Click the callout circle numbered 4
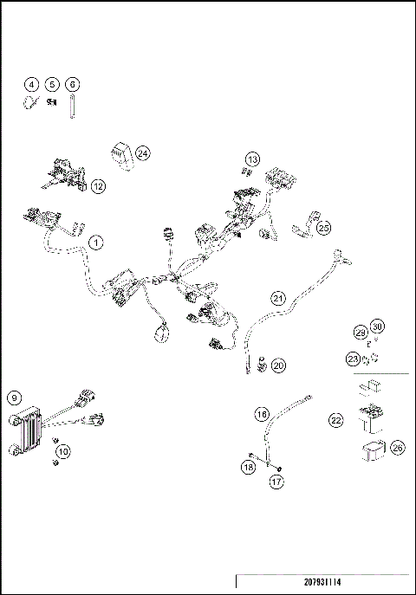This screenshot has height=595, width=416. [x=31, y=84]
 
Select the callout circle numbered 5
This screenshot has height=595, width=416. [x=52, y=84]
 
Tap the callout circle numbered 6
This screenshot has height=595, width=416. [x=73, y=84]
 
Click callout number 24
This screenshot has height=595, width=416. [x=142, y=153]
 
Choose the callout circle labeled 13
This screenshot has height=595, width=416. [x=252, y=159]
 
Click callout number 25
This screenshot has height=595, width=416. [x=323, y=228]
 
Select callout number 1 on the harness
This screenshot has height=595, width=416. [x=95, y=243]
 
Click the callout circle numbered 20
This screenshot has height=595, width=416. [x=277, y=365]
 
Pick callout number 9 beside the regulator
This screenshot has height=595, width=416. [x=14, y=398]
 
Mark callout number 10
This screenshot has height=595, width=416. [x=63, y=451]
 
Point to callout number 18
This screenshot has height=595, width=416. [x=249, y=468]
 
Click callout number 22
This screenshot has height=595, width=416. [x=336, y=419]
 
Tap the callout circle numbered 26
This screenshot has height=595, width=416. [x=397, y=448]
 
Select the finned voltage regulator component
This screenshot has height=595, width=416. [x=30, y=429]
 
